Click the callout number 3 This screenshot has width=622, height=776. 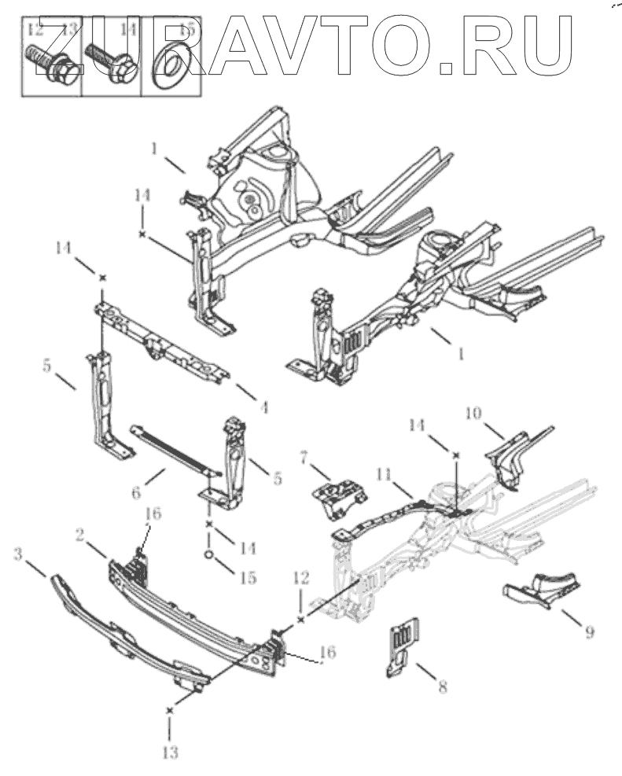point(18,556)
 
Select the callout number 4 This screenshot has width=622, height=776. point(264,408)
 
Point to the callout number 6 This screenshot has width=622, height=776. point(135,493)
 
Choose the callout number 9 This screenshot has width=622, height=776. point(589,631)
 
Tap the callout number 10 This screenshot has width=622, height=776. point(473,413)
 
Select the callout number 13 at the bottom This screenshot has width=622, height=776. point(170,752)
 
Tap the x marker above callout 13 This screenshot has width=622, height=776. point(169,710)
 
